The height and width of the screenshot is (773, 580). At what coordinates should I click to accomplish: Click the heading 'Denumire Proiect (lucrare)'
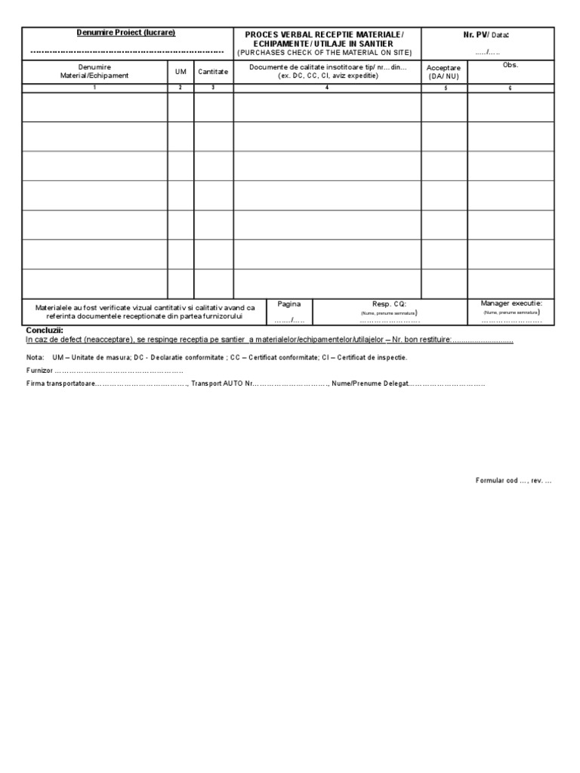[x=127, y=33]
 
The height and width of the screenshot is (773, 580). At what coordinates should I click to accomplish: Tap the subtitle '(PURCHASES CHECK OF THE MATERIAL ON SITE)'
[x=325, y=53]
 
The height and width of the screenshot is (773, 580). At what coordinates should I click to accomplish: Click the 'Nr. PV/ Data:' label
[x=486, y=35]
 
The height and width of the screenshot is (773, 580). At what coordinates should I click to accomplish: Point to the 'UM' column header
[x=180, y=72]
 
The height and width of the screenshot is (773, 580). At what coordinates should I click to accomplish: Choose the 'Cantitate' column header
[x=213, y=72]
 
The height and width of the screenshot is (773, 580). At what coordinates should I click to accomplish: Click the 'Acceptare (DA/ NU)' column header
[x=444, y=72]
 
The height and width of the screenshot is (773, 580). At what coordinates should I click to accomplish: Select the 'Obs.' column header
[x=511, y=66]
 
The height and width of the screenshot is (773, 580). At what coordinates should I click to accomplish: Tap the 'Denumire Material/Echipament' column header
[x=94, y=72]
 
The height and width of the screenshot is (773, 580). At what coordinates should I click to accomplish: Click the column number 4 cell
[x=327, y=88]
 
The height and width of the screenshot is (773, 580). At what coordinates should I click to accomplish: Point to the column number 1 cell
[x=94, y=88]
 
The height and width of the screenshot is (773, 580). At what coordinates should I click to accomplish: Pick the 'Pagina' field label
[x=289, y=304]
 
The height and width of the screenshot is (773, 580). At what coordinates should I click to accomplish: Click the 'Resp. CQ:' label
[x=389, y=304]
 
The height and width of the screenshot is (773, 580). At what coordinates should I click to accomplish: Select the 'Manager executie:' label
[x=511, y=303]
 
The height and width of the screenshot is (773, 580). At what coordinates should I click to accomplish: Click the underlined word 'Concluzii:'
[x=45, y=331]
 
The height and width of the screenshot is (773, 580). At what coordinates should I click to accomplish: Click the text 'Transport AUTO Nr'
[x=223, y=383]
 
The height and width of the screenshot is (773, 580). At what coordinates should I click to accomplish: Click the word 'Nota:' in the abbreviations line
[x=35, y=357]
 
